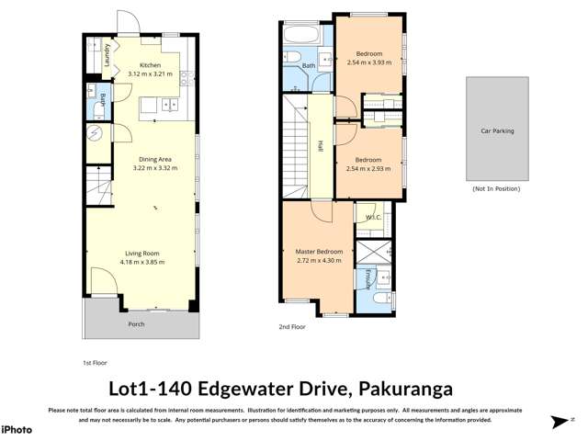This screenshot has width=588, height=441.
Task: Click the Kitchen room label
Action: (x=150, y=65)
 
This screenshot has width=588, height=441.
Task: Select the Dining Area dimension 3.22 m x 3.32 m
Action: (x=153, y=168)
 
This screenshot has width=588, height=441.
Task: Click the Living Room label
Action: (x=143, y=253)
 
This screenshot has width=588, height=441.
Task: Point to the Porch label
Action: (x=136, y=323)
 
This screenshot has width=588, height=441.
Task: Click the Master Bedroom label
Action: (x=318, y=251)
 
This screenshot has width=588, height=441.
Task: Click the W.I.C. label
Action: (x=372, y=218)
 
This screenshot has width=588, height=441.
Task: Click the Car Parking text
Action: (x=497, y=131)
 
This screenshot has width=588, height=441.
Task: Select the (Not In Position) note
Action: (x=496, y=188)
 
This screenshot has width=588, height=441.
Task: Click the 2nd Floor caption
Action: (x=291, y=326)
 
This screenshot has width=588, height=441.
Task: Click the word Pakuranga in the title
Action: (x=405, y=389)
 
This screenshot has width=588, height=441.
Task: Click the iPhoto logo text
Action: (x=17, y=429)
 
